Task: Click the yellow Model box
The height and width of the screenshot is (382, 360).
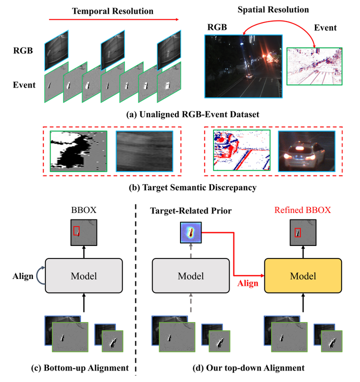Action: pos(302,275)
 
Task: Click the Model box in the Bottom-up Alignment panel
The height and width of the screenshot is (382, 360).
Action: pos(83,275)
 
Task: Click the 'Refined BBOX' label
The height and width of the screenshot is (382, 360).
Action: pos(302,210)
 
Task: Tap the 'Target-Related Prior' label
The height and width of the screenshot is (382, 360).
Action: pos(191,210)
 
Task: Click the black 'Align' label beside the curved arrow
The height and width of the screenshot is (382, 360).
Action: pos(23,275)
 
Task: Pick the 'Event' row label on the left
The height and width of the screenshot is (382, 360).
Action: pos(24,84)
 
